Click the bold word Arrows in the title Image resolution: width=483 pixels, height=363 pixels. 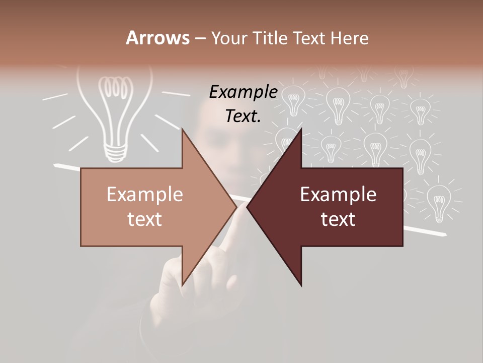pyautogui.click(x=158, y=38)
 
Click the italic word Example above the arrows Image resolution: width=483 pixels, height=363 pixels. pyautogui.click(x=244, y=92)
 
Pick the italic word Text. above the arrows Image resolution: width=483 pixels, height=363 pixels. pyautogui.click(x=244, y=116)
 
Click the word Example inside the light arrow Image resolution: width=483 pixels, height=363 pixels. pyautogui.click(x=145, y=195)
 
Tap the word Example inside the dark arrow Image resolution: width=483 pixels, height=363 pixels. pyautogui.click(x=338, y=195)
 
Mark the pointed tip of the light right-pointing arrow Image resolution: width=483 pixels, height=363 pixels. pyautogui.click(x=237, y=207)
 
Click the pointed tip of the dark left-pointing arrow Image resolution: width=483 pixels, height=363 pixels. pyautogui.click(x=247, y=207)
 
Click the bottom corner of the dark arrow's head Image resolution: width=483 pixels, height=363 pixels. pyautogui.click(x=301, y=286)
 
